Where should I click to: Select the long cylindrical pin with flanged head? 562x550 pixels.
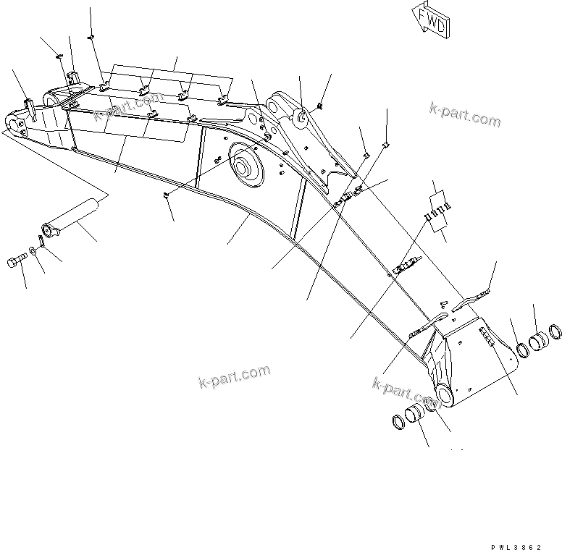71,219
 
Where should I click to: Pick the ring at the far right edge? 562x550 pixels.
557,333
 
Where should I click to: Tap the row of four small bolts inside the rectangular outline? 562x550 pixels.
437,211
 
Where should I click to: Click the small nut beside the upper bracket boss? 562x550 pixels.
319,106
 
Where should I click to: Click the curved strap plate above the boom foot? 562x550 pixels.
470,297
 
